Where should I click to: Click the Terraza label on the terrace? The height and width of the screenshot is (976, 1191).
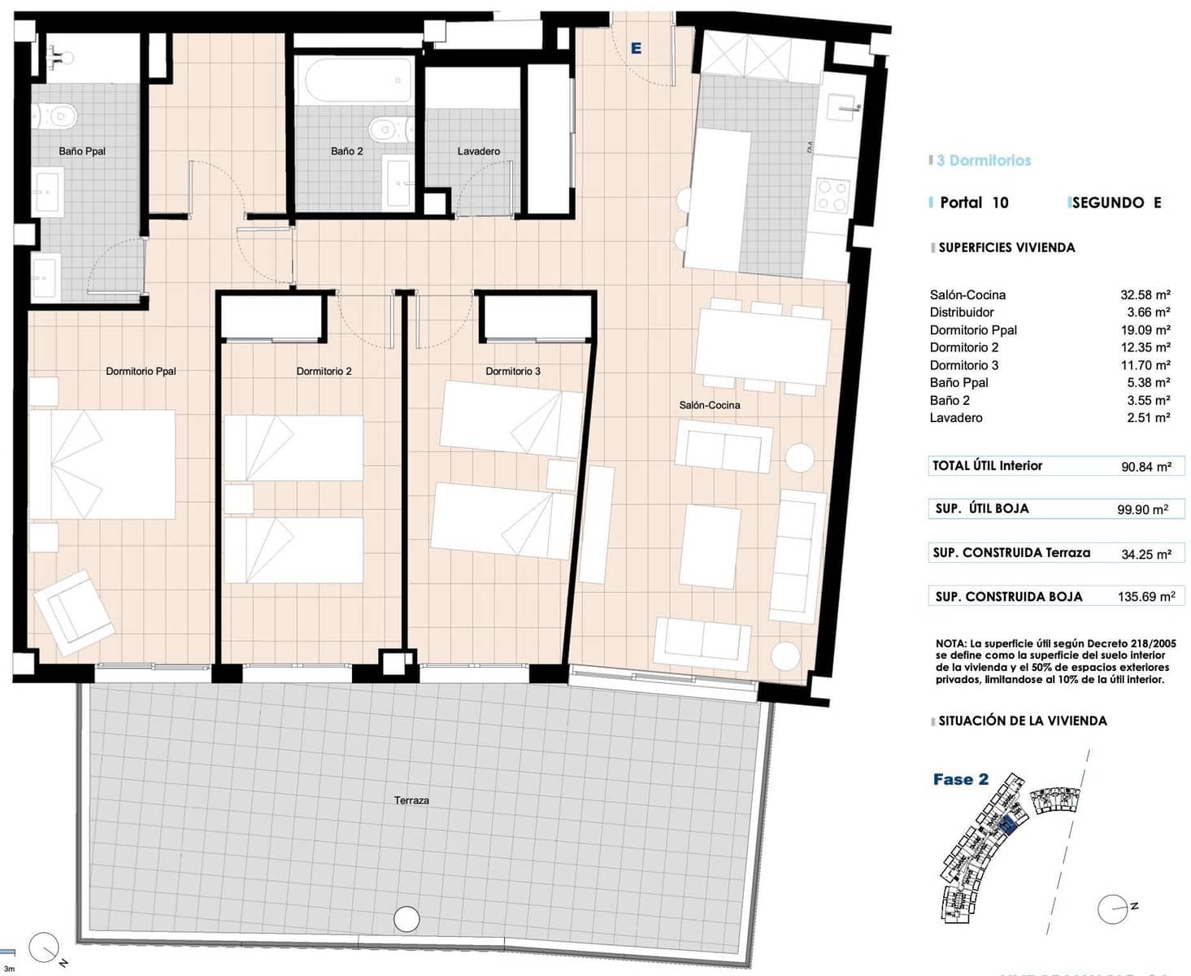coord(411,800)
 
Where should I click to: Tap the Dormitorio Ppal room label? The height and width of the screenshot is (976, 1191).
coord(141,371)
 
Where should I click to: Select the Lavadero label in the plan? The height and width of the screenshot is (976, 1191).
coord(478,151)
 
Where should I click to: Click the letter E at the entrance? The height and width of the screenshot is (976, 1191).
coord(636,49)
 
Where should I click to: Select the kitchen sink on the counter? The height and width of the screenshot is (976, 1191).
coord(843,107)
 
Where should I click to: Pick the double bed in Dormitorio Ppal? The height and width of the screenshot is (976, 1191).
coord(102,464)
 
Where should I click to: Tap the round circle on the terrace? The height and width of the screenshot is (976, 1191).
coord(406,918)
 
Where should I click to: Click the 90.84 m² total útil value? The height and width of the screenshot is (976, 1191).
coord(1145,467)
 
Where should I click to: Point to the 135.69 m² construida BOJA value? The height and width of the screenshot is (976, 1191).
coord(1145,596)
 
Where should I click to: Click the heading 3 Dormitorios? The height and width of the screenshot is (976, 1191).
coord(983,160)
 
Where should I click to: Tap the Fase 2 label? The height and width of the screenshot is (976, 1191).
coord(960,779)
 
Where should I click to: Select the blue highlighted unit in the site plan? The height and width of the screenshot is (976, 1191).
coord(1009,825)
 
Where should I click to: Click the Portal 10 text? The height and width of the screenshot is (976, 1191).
coord(973,203)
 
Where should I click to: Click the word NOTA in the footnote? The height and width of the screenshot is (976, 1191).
coord(950,643)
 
